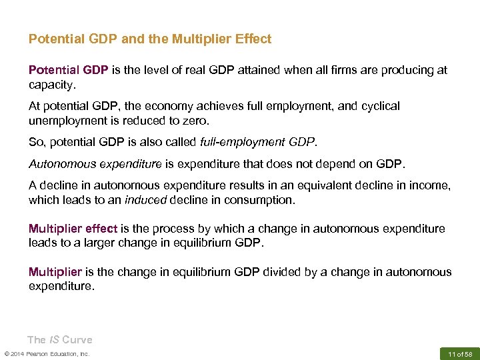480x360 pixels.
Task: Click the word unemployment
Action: coord(65,121)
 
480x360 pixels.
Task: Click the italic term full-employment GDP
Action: coord(269,142)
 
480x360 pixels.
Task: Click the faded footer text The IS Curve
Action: coord(59,340)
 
